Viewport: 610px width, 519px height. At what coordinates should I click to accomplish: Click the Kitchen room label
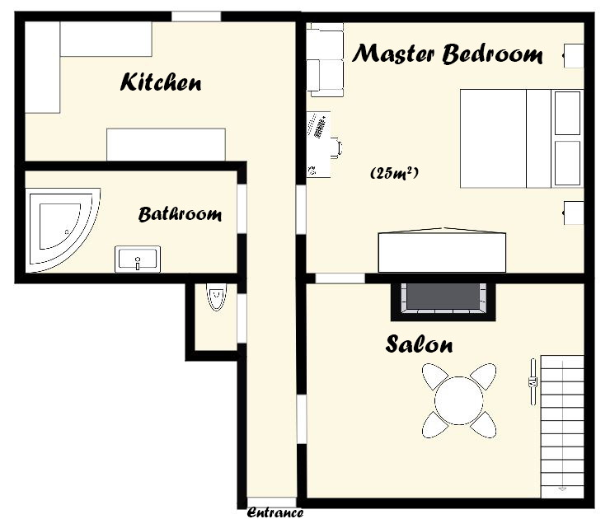tap(161, 82)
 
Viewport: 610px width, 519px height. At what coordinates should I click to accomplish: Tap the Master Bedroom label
tap(448, 54)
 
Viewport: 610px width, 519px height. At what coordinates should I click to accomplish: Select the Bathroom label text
tap(180, 214)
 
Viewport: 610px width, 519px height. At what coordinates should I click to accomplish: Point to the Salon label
tap(419, 344)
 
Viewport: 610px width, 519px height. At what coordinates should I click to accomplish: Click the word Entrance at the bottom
tap(275, 512)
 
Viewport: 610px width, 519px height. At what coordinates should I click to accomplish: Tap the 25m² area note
tap(394, 173)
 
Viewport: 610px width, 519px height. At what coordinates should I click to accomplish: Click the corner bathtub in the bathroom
tap(63, 230)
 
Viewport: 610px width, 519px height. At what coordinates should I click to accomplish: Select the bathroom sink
tap(138, 259)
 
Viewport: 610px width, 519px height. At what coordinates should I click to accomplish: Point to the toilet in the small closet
tap(216, 297)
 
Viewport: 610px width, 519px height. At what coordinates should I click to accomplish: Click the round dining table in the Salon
tap(459, 400)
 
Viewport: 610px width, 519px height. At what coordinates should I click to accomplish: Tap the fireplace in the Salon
tap(443, 302)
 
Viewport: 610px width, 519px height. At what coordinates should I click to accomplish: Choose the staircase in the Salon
tap(562, 426)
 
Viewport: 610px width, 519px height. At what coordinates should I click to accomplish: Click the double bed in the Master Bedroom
tap(521, 138)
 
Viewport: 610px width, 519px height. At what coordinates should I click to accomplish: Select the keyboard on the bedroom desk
tap(319, 125)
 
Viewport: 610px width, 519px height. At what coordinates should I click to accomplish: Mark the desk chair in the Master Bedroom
tap(336, 147)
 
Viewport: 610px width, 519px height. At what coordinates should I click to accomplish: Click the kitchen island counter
tap(167, 144)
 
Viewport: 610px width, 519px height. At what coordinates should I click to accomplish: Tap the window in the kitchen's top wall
tap(196, 16)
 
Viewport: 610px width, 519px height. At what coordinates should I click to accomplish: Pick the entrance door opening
tap(272, 502)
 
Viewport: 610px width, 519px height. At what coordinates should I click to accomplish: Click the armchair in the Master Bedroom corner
tap(326, 60)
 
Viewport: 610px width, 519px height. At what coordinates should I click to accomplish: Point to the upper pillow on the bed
tap(568, 113)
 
